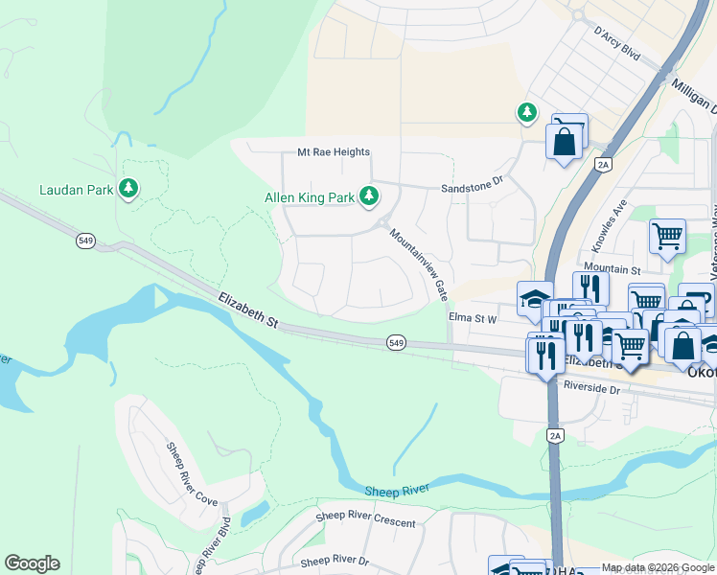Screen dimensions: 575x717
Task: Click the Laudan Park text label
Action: pyautogui.click(x=75, y=190)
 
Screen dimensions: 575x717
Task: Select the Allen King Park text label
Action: pyautogui.click(x=310, y=198)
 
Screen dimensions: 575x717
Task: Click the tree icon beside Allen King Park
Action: pyautogui.click(x=368, y=197)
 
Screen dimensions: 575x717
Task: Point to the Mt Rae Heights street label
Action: pyautogui.click(x=333, y=152)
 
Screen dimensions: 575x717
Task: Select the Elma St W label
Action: pyautogui.click(x=473, y=317)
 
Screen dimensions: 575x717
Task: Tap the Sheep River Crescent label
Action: pyautogui.click(x=366, y=522)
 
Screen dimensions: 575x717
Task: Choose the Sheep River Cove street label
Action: pyautogui.click(x=192, y=473)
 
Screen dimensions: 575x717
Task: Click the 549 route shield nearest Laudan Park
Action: pyautogui.click(x=86, y=241)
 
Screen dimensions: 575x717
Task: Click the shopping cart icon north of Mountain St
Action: pyautogui.click(x=666, y=235)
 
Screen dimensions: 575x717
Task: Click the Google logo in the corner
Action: pyautogui.click(x=32, y=563)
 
